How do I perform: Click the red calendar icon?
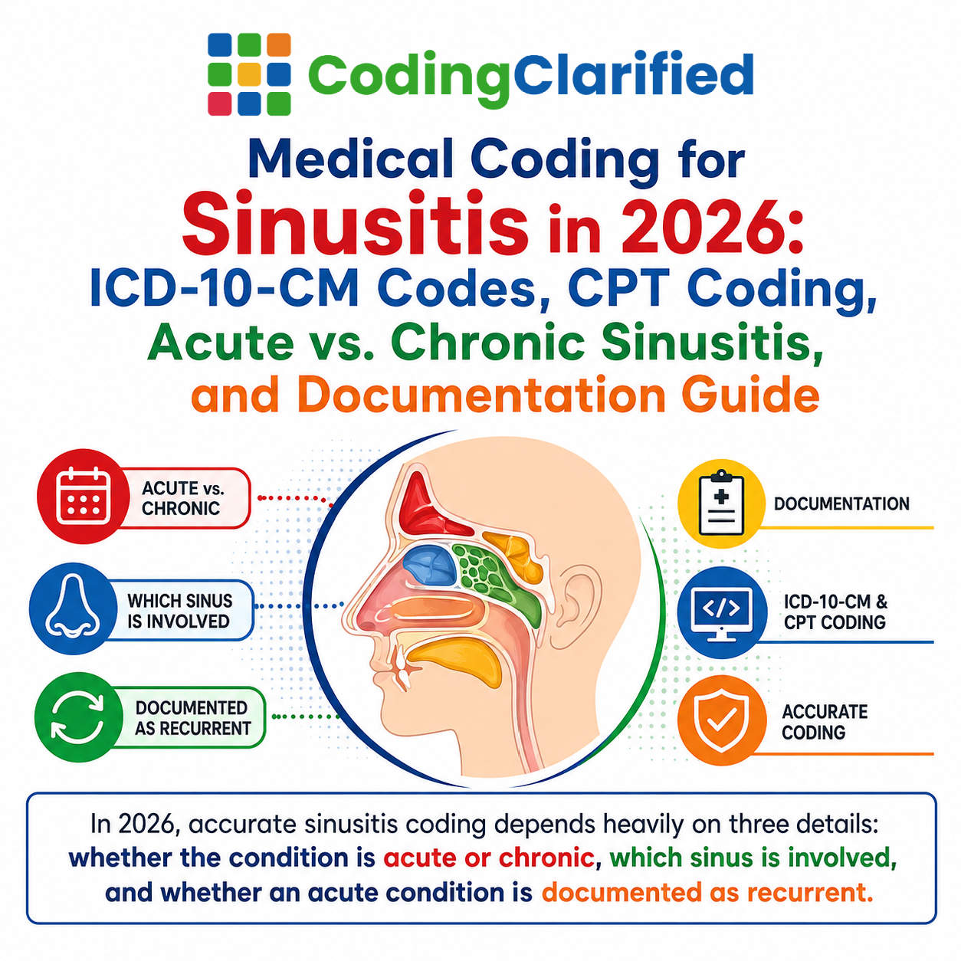83,496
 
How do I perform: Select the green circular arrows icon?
78,717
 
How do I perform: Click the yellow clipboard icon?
721,503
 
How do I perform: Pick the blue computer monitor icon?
722,612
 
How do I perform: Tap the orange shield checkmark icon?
722,720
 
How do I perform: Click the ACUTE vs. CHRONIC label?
183,498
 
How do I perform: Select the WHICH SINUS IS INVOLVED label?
179,611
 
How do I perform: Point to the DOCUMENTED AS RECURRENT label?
193,718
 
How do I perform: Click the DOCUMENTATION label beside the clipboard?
841,503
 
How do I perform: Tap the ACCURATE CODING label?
825,722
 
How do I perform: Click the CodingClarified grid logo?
249,74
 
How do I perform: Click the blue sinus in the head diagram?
429,566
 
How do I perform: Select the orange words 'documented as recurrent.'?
707,893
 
